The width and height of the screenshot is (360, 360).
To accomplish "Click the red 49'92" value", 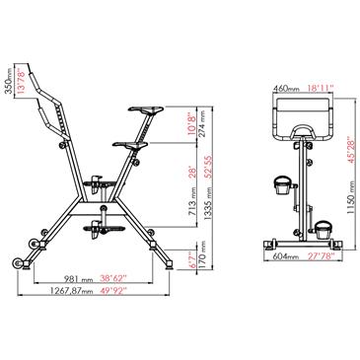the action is point(112,291).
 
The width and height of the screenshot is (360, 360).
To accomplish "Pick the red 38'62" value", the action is point(112,279).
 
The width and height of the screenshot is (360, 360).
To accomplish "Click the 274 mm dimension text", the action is point(202,120).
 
